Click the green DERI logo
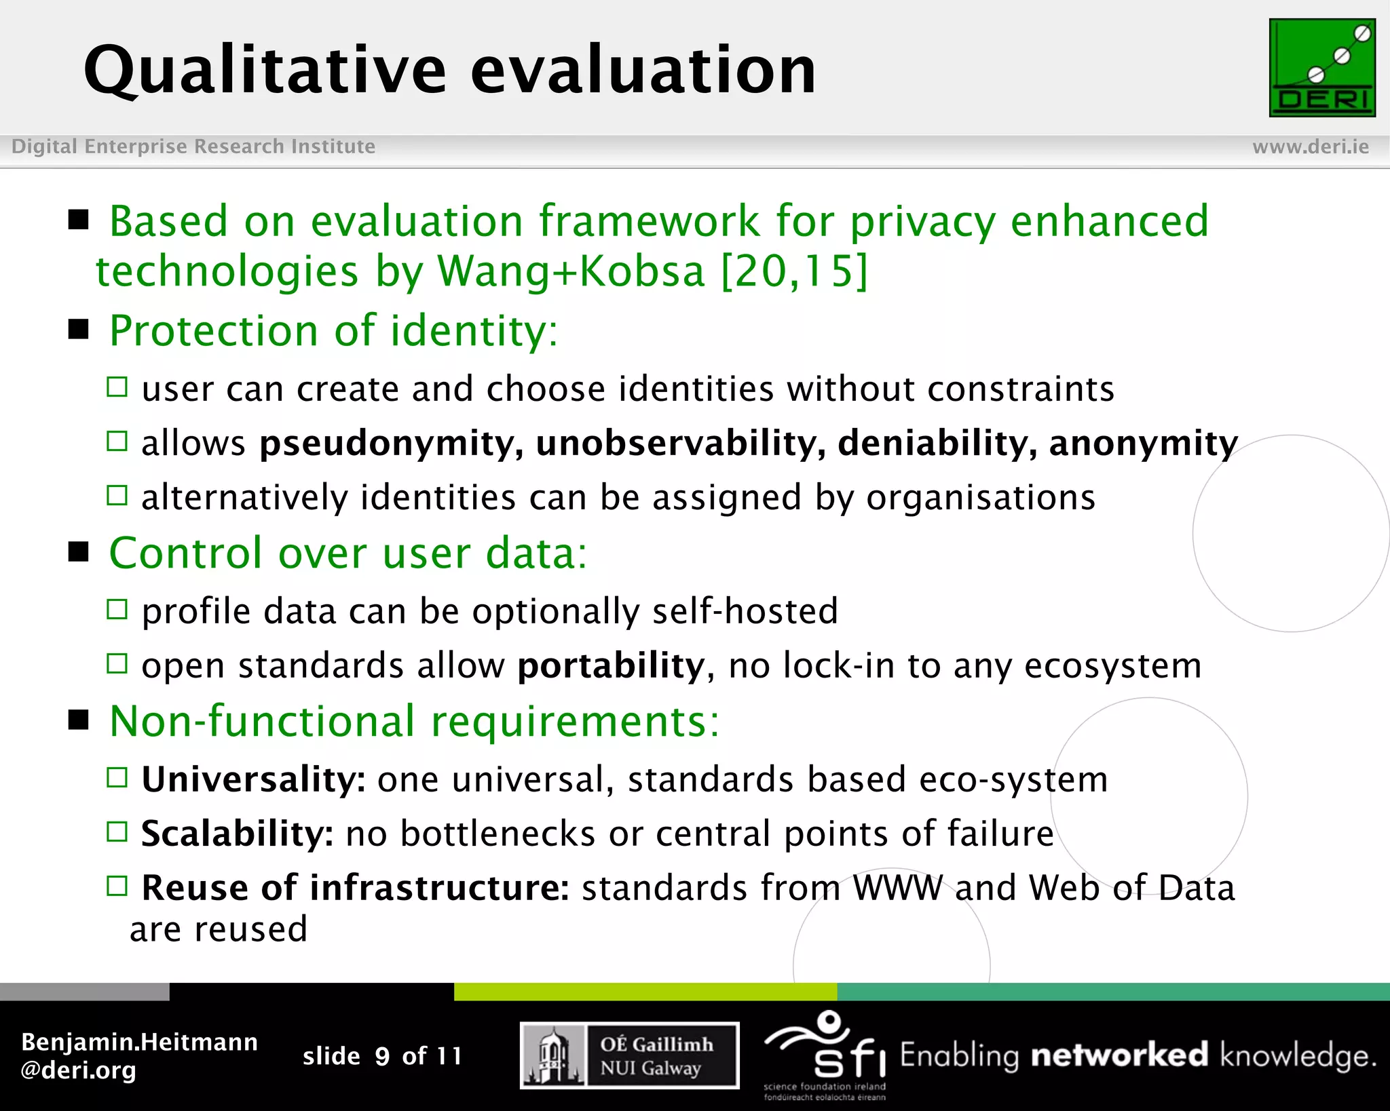pyautogui.click(x=1321, y=68)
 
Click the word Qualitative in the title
pyautogui.click(x=265, y=71)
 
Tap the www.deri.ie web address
pyautogui.click(x=1310, y=147)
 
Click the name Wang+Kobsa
pyautogui.click(x=571, y=271)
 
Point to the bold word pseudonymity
pyautogui.click(x=391, y=443)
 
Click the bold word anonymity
pyautogui.click(x=1143, y=443)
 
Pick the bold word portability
pyautogui.click(x=611, y=665)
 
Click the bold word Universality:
pyautogui.click(x=253, y=779)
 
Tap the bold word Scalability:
pyautogui.click(x=237, y=834)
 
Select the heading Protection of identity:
pyautogui.click(x=333, y=331)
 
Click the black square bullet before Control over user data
pyautogui.click(x=79, y=552)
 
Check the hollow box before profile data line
pyautogui.click(x=117, y=609)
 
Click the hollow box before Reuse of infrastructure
pyautogui.click(x=117, y=886)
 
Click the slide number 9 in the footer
pyautogui.click(x=382, y=1056)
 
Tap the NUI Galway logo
pyautogui.click(x=629, y=1055)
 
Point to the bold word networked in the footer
pyautogui.click(x=1119, y=1055)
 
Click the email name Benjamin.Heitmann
pyautogui.click(x=139, y=1042)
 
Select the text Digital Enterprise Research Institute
pyautogui.click(x=193, y=147)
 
